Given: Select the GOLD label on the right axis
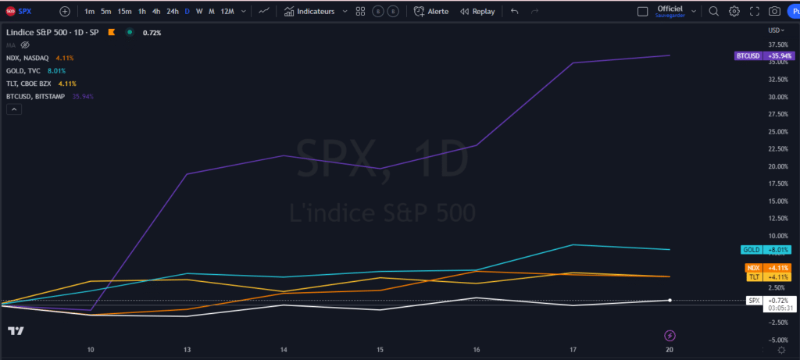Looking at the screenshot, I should click(x=751, y=250).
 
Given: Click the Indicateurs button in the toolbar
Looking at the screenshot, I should click(x=309, y=12).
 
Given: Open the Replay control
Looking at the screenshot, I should click(x=477, y=12).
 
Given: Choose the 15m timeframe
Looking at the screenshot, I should click(x=125, y=12).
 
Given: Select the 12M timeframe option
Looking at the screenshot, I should click(x=227, y=12).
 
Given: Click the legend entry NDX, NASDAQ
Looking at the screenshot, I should click(x=27, y=58).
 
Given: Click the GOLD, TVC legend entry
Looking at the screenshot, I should click(x=23, y=70).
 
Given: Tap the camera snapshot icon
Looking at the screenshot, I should click(x=774, y=12).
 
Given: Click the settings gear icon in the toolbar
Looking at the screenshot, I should click(x=734, y=12).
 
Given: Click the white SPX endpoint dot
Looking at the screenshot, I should click(x=670, y=300).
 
